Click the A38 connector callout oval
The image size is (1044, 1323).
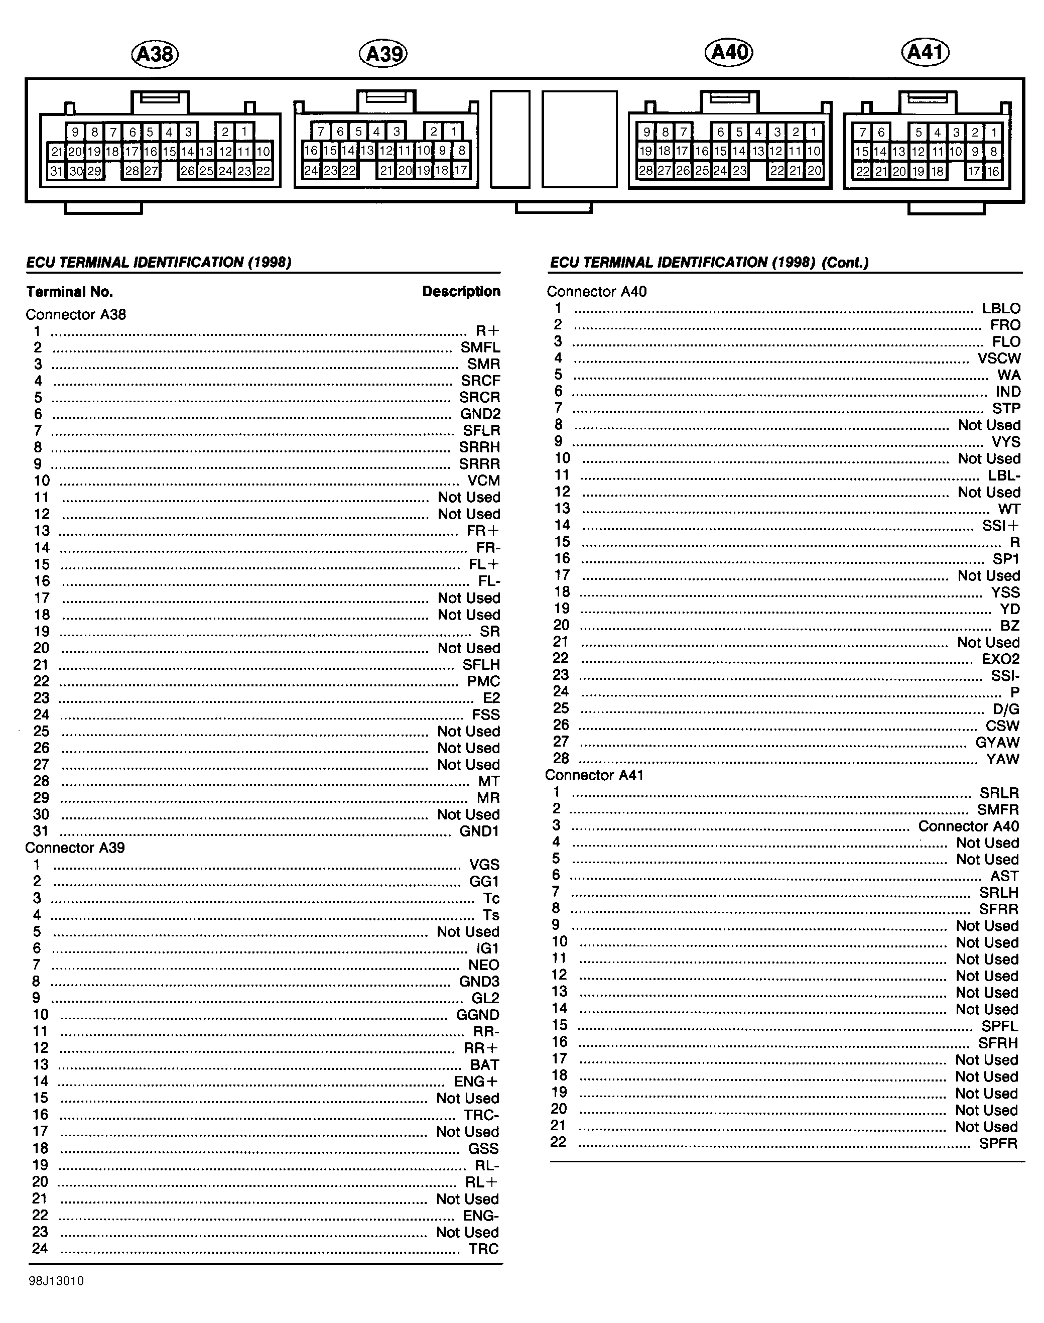[155, 54]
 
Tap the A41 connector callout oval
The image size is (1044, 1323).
[926, 52]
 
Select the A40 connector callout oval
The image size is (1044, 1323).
[729, 52]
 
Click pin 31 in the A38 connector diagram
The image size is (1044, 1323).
[56, 171]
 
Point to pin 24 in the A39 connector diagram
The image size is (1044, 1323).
[311, 170]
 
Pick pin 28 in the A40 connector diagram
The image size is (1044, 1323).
[645, 171]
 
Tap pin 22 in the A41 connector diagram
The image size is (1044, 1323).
[862, 171]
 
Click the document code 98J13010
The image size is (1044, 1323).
[56, 1281]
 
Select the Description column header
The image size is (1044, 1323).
[461, 292]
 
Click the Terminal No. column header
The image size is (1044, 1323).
[69, 292]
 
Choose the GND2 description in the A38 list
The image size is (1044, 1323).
[480, 414]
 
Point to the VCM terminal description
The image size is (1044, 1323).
[483, 480]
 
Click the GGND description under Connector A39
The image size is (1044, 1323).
[477, 1015]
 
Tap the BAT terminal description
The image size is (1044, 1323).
[484, 1065]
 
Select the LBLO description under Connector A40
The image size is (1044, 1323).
[1001, 309]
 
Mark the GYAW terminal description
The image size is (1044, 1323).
[997, 742]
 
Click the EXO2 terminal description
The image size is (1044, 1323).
[1001, 659]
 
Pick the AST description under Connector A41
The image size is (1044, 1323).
[1004, 876]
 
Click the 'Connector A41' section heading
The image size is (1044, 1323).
[594, 775]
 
